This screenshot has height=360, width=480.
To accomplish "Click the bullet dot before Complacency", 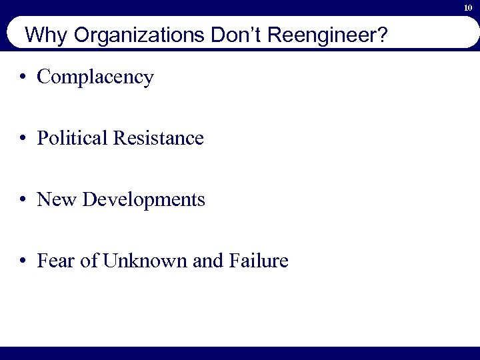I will coord(23,77).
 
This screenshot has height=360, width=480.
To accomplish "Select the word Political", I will coord(73,138).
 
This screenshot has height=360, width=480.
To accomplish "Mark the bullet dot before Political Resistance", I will coord(23,138).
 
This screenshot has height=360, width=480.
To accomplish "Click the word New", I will coord(58,199).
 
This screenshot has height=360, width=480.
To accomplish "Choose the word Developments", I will coord(144,200).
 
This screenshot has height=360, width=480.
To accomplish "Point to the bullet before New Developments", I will coord(23,199).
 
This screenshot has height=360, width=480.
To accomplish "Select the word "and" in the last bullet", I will coord(207,261).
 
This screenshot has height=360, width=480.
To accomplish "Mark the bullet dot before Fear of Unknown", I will coord(23,261).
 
